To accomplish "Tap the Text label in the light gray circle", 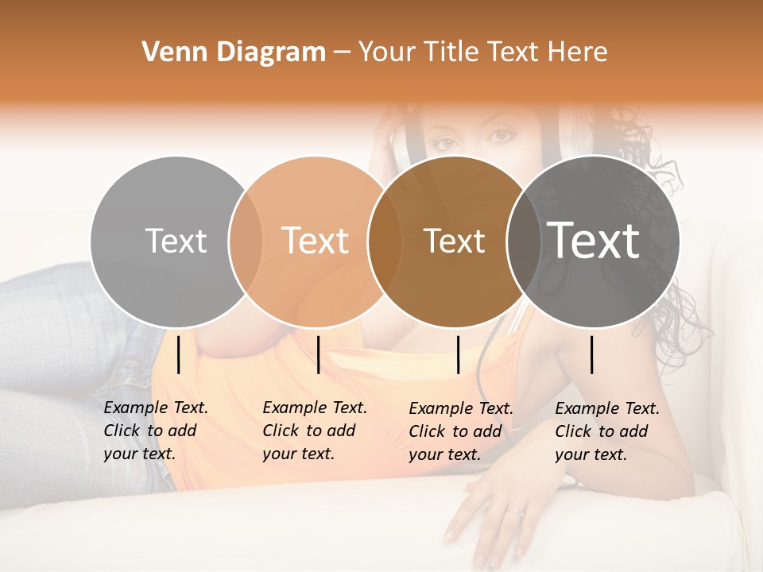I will coord(176,241).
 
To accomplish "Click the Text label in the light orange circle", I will coord(316,241).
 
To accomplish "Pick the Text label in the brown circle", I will coord(455,242).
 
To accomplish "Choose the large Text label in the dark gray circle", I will coord(594,240).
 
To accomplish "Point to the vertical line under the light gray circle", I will coord(179,354).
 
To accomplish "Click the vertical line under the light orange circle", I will coord(318,354).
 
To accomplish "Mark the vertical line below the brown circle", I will coord(459,354).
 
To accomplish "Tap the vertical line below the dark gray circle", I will coord(592,354).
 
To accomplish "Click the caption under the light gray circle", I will coord(155,431).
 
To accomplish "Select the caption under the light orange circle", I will coord(314,431).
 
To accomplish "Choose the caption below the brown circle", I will coord(460,431).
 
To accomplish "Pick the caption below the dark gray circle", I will coord(606,431).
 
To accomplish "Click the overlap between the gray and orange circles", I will coord(246,242).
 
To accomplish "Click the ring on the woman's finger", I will coord(517,513).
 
